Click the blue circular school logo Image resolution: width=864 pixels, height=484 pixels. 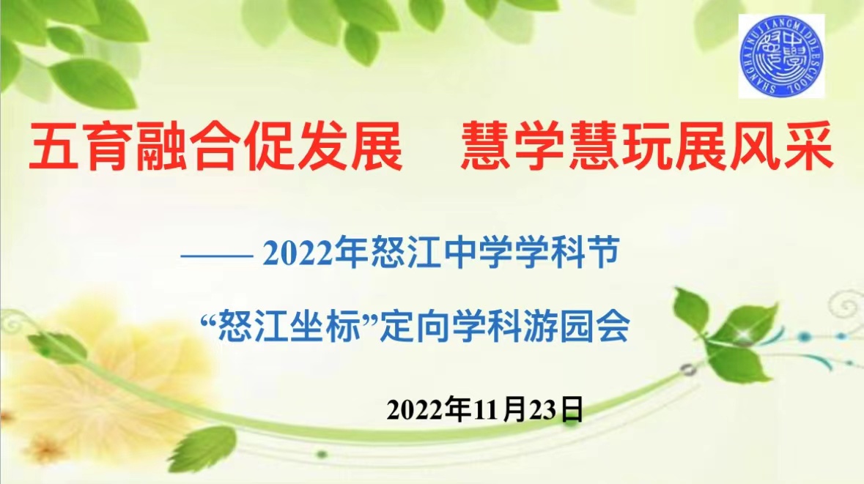[781, 56]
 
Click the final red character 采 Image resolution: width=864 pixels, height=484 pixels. [809, 146]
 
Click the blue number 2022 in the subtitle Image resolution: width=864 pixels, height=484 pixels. [298, 253]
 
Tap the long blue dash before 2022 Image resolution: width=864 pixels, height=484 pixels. [217, 256]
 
